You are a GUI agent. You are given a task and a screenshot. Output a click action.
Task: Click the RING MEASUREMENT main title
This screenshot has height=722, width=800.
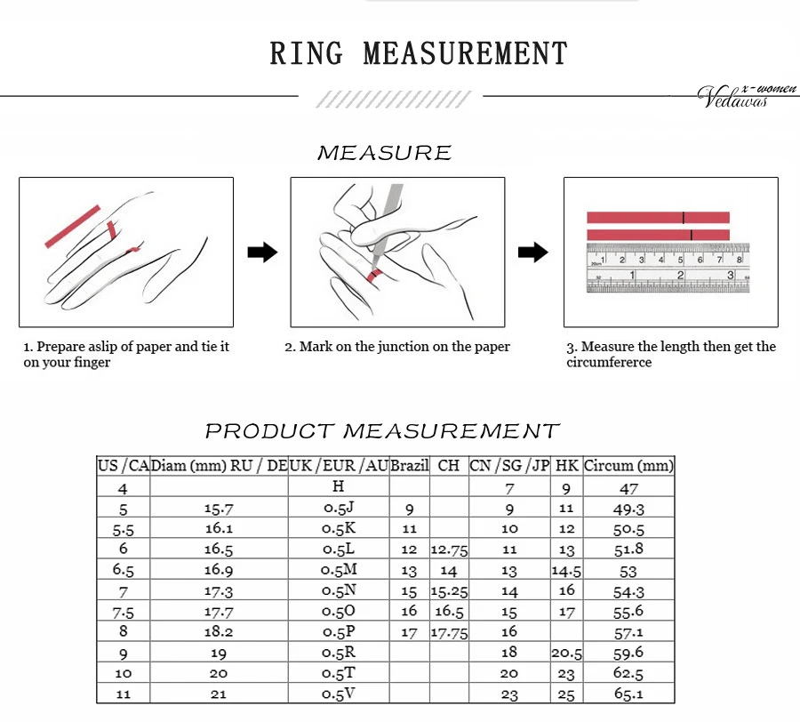click(x=418, y=53)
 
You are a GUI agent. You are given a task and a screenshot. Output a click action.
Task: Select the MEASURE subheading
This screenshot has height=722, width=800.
click(x=384, y=153)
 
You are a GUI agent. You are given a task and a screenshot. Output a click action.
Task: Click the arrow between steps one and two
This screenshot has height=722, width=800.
click(x=262, y=253)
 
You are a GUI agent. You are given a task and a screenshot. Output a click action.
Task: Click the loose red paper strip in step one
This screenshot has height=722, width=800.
click(x=73, y=227)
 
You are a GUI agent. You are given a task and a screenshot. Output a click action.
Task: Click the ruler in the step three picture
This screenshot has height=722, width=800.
click(x=667, y=269)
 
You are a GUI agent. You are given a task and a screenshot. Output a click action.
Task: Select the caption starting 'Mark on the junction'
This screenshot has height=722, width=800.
click(x=397, y=347)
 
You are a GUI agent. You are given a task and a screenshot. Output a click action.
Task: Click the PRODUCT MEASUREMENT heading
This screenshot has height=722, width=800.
click(x=382, y=431)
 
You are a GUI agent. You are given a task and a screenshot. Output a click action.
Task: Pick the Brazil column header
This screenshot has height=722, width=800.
click(x=410, y=465)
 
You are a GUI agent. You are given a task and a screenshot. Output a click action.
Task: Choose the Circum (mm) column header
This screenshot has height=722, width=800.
click(x=628, y=465)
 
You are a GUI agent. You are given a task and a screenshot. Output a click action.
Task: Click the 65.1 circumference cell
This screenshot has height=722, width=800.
click(x=628, y=694)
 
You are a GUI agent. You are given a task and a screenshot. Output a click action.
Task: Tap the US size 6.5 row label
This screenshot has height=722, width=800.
click(x=123, y=570)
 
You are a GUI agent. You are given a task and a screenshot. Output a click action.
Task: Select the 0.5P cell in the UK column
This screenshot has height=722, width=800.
click(x=339, y=632)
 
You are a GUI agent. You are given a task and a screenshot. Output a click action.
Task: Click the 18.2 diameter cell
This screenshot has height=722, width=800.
click(x=219, y=632)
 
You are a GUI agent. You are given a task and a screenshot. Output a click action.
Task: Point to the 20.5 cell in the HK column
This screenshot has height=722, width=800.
click(x=567, y=654)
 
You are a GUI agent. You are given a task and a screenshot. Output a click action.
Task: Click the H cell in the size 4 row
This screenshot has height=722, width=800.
click(x=339, y=486)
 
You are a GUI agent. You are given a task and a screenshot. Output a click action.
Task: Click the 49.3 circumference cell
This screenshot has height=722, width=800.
click(x=628, y=509)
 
